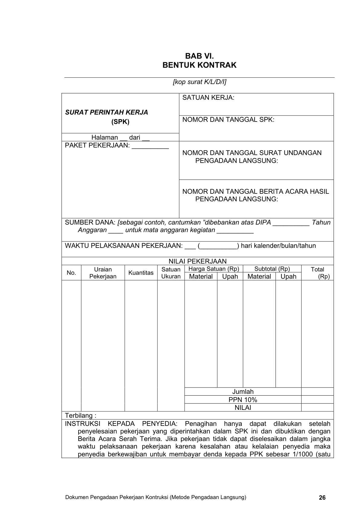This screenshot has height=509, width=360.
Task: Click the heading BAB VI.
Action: point(199,56)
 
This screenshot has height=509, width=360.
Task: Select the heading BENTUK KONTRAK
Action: point(199,65)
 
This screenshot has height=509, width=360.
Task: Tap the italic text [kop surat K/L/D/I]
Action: point(199,82)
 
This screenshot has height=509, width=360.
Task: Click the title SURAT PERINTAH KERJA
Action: point(106,112)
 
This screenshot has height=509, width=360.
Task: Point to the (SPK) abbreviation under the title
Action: point(120,122)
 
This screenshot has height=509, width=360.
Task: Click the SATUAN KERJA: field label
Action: point(208,98)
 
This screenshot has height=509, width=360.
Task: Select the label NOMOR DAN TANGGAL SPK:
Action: point(228,120)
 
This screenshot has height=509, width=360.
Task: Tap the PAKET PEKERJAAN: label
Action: point(97,145)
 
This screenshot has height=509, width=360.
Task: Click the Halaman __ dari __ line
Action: point(120,138)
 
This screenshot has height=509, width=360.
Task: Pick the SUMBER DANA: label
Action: point(90,222)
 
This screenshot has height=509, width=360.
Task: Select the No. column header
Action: point(71,273)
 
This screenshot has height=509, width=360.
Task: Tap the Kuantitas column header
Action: point(141,273)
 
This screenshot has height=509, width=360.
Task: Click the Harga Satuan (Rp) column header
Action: point(214,269)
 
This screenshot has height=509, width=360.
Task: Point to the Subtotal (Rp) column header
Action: point(272,269)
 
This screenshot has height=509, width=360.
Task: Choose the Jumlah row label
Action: point(243,392)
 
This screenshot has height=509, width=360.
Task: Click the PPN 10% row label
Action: point(243,400)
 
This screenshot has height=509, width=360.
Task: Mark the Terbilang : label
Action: point(81,415)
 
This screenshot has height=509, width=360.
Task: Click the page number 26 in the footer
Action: point(322,498)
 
